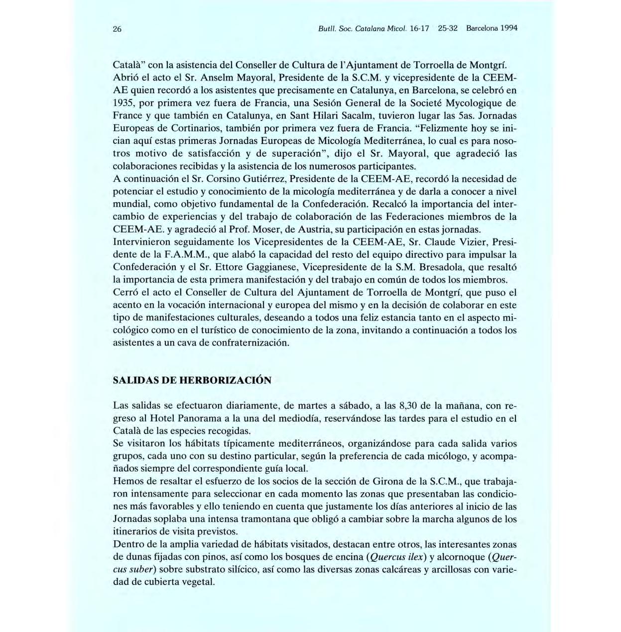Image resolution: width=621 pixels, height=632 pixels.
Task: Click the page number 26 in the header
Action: (118, 29)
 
